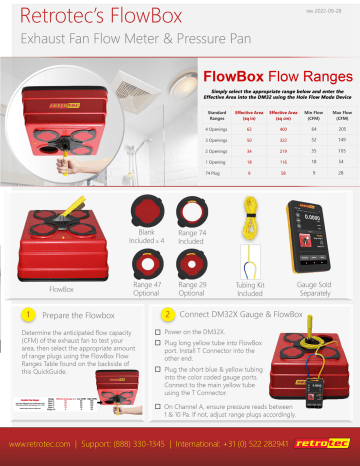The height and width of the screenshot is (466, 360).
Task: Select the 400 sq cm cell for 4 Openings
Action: coord(257,129)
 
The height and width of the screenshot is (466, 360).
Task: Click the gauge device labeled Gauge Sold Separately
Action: coord(317,241)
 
